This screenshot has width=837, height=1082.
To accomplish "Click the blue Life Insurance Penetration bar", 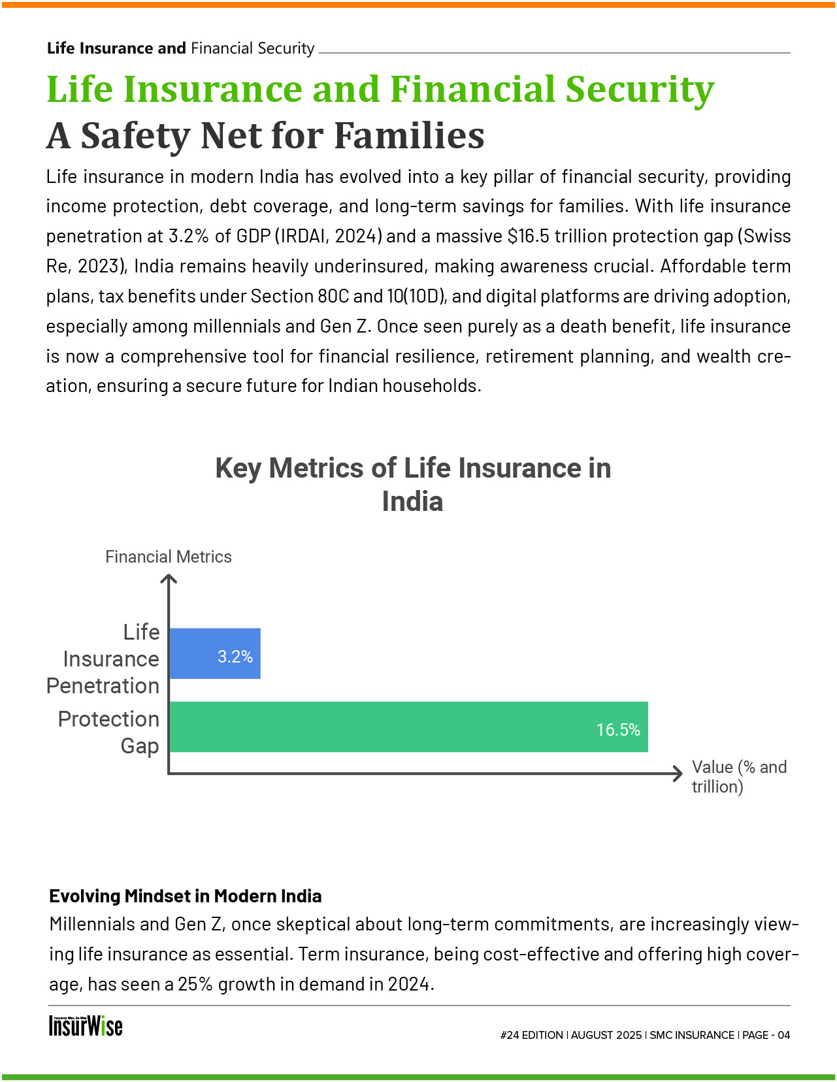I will [196, 653].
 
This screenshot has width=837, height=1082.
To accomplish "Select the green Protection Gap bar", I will [392, 727].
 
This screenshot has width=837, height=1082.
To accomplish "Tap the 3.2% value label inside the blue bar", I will [235, 657].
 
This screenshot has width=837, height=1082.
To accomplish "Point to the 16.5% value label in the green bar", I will [618, 730].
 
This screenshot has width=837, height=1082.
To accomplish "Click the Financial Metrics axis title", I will [169, 557].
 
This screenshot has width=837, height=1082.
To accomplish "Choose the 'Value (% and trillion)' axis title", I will [738, 777].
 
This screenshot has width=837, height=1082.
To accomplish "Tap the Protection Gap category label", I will [108, 732].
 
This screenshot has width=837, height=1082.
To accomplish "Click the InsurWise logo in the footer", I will [86, 1026].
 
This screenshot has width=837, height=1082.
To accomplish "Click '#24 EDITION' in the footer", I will [531, 1035].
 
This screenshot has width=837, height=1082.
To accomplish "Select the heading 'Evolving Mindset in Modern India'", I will [186, 896].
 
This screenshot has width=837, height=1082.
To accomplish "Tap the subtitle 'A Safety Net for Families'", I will [265, 136].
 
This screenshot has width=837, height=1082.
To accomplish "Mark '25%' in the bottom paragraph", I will [195, 984].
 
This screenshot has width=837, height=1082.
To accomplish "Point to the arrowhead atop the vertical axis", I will [169, 578].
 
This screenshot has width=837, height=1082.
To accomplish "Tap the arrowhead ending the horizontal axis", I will [679, 774].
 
